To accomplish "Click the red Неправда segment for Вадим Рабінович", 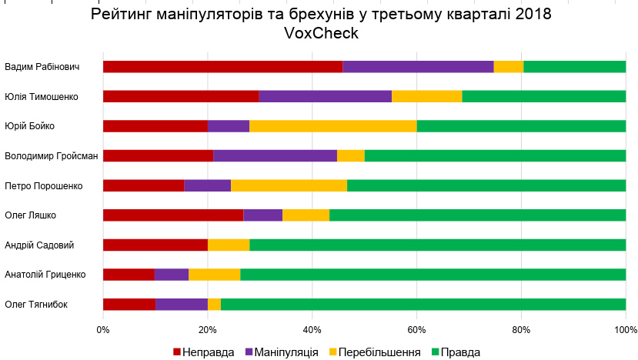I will coord(222,66).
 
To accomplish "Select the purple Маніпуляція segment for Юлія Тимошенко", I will coord(325,96).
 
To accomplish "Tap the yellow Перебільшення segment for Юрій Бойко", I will coord(332,126).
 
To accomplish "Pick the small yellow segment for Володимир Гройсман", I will coord(350,155).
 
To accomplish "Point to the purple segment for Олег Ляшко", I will coord(262,215).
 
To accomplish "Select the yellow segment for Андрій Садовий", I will coord(228,245).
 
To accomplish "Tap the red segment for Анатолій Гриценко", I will coord(129,274).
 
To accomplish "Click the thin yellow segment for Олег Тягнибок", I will coord(214,304).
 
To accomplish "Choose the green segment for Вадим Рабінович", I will coord(574,66).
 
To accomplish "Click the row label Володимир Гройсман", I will coord(51,156).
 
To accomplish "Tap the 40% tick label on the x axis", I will coord(312,329).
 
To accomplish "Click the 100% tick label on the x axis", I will coord(625,329).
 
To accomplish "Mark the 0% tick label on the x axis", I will coord(103,329).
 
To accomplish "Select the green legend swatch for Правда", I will coord(435,352).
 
